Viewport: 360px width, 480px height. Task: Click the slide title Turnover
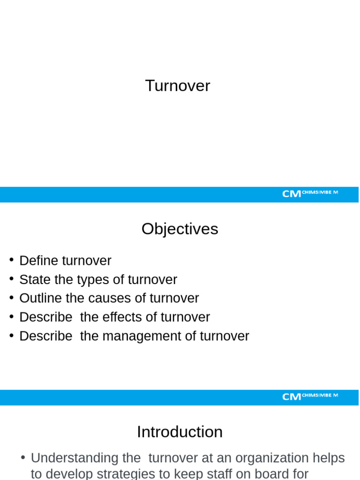click(x=178, y=86)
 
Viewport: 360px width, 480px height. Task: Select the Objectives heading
click(x=180, y=229)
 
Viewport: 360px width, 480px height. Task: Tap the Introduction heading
click(x=180, y=432)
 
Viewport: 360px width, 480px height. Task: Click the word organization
click(x=264, y=458)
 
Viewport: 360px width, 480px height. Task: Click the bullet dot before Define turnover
click(x=11, y=260)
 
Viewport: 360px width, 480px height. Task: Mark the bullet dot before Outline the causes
click(x=11, y=298)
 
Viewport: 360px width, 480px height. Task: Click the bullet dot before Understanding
click(x=23, y=457)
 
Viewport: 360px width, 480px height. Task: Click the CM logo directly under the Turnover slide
click(x=291, y=194)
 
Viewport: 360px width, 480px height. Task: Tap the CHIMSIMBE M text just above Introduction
click(x=320, y=395)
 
